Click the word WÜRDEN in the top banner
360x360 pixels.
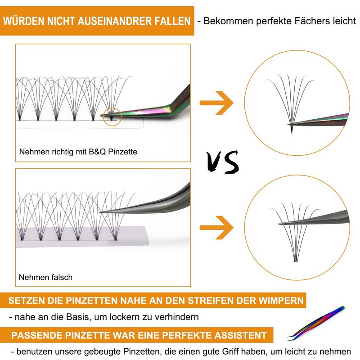click(24, 21)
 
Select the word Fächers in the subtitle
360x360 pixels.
click(309, 21)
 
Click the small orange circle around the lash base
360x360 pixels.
click(112, 117)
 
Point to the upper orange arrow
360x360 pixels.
click(216, 103)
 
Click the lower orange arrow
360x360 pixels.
click(216, 228)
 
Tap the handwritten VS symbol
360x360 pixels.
click(222, 162)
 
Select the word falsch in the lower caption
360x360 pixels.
click(62, 277)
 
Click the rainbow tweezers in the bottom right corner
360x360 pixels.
click(316, 323)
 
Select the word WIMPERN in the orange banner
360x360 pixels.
click(281, 301)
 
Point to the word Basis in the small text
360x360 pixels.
click(77, 317)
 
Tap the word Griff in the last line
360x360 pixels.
click(231, 351)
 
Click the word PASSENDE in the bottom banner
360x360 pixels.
click(37, 335)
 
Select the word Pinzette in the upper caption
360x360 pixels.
click(122, 152)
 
